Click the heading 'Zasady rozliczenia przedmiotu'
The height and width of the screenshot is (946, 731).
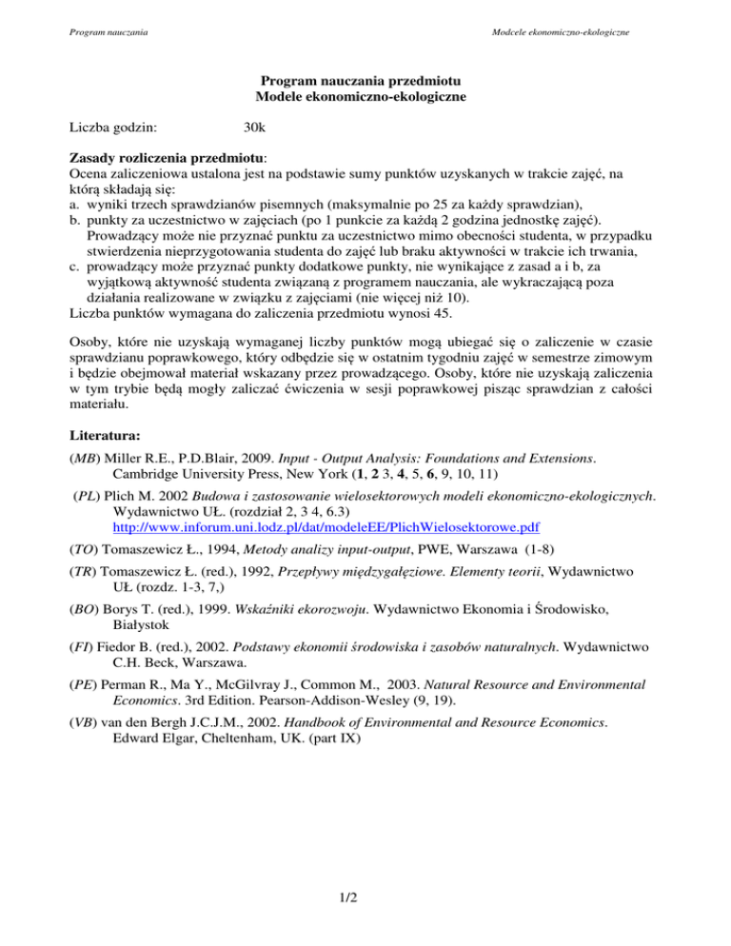point(168,157)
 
